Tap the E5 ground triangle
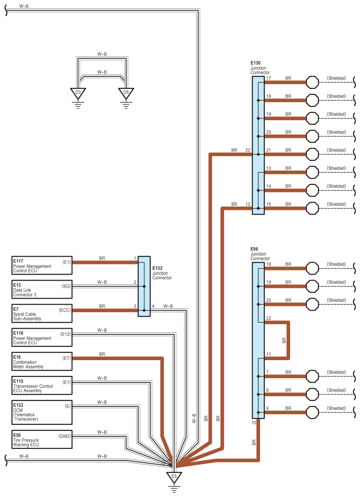point(174,478)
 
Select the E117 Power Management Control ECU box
point(42,266)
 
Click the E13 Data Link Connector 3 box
point(42,289)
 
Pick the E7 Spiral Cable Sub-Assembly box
point(42,313)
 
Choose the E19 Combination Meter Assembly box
point(42,362)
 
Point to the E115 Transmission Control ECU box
point(42,386)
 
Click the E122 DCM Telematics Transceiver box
point(42,412)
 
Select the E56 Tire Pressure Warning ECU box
point(42,439)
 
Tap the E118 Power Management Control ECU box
point(42,337)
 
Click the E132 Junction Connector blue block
point(144,287)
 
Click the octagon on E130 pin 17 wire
point(312,82)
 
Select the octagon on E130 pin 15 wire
point(312,209)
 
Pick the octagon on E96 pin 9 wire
point(312,412)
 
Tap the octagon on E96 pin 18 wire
point(312,268)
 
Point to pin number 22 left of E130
point(248,150)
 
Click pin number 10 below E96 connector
point(254,423)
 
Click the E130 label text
point(255,63)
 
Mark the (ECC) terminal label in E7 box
point(65,310)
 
